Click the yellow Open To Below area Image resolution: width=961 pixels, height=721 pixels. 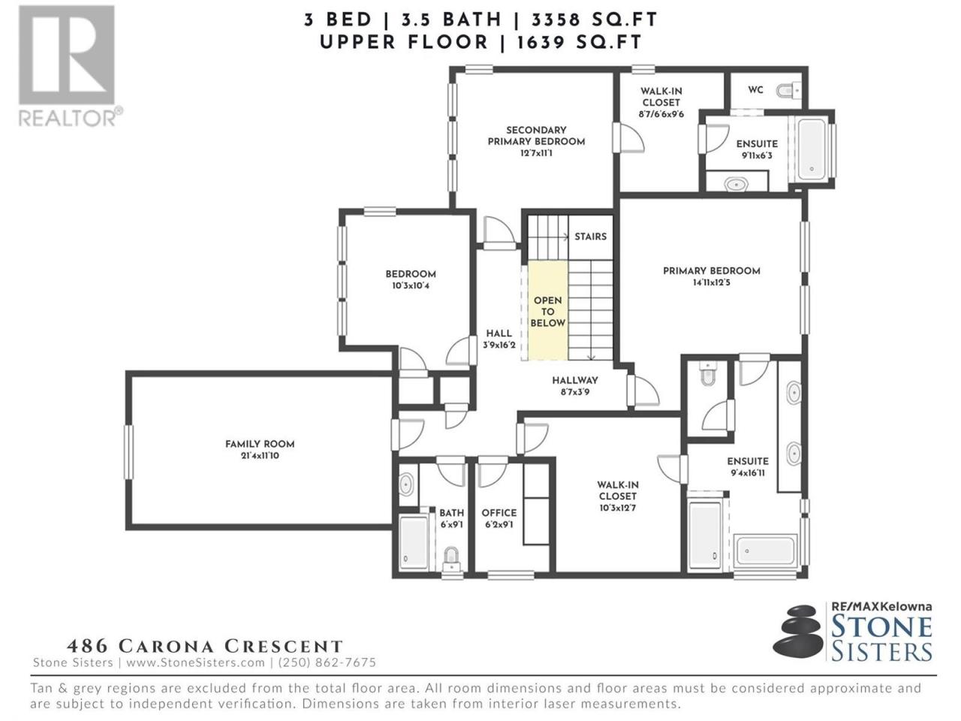[547, 311]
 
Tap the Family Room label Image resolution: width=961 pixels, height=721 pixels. [260, 444]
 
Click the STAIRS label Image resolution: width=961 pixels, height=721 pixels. [590, 237]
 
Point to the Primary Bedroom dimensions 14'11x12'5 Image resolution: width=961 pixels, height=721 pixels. [712, 283]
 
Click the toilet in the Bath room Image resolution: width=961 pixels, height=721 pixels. [452, 560]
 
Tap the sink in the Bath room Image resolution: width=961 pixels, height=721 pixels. [406, 484]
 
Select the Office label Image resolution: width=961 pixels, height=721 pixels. [499, 513]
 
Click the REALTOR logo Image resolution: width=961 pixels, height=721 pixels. [70, 65]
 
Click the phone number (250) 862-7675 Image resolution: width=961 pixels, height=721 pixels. [327, 662]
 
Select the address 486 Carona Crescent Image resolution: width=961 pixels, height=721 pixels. [204, 646]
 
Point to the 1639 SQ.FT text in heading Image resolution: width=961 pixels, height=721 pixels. [579, 43]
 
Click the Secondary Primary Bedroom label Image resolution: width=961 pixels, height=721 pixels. [536, 136]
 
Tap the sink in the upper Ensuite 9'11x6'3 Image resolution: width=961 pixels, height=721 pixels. [737, 184]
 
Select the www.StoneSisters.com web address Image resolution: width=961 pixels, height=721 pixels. [196, 662]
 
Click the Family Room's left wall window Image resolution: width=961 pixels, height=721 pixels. [128, 452]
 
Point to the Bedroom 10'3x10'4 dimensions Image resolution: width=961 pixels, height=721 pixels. [411, 286]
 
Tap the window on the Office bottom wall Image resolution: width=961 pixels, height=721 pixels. [511, 575]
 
